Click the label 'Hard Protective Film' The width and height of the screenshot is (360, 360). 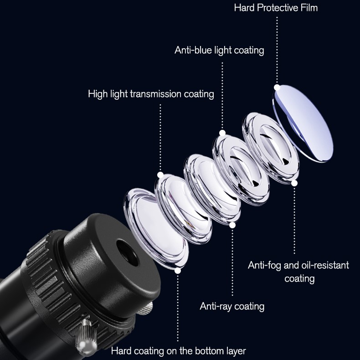(x=276, y=8)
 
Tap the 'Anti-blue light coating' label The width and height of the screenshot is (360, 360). (x=219, y=50)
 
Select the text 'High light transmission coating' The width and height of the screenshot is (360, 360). (x=151, y=94)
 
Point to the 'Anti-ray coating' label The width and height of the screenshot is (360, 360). (x=232, y=307)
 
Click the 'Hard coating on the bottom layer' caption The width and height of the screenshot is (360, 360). (x=178, y=351)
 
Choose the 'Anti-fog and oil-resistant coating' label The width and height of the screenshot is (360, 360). (x=298, y=272)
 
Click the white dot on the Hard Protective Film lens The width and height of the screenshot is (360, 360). (x=277, y=87)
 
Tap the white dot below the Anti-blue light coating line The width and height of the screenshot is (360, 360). (x=222, y=133)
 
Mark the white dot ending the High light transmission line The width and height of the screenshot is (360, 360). (x=160, y=175)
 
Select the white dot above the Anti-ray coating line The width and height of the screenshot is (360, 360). (x=232, y=225)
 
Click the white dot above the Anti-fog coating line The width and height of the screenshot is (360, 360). (x=294, y=183)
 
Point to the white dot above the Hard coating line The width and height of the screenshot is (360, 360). (x=177, y=271)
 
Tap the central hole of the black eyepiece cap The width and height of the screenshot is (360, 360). (x=128, y=253)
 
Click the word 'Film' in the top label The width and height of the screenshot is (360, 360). (x=309, y=8)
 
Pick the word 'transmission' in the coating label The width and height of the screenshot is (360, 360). (x=156, y=94)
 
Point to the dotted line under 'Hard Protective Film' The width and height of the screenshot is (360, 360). (x=277, y=50)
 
